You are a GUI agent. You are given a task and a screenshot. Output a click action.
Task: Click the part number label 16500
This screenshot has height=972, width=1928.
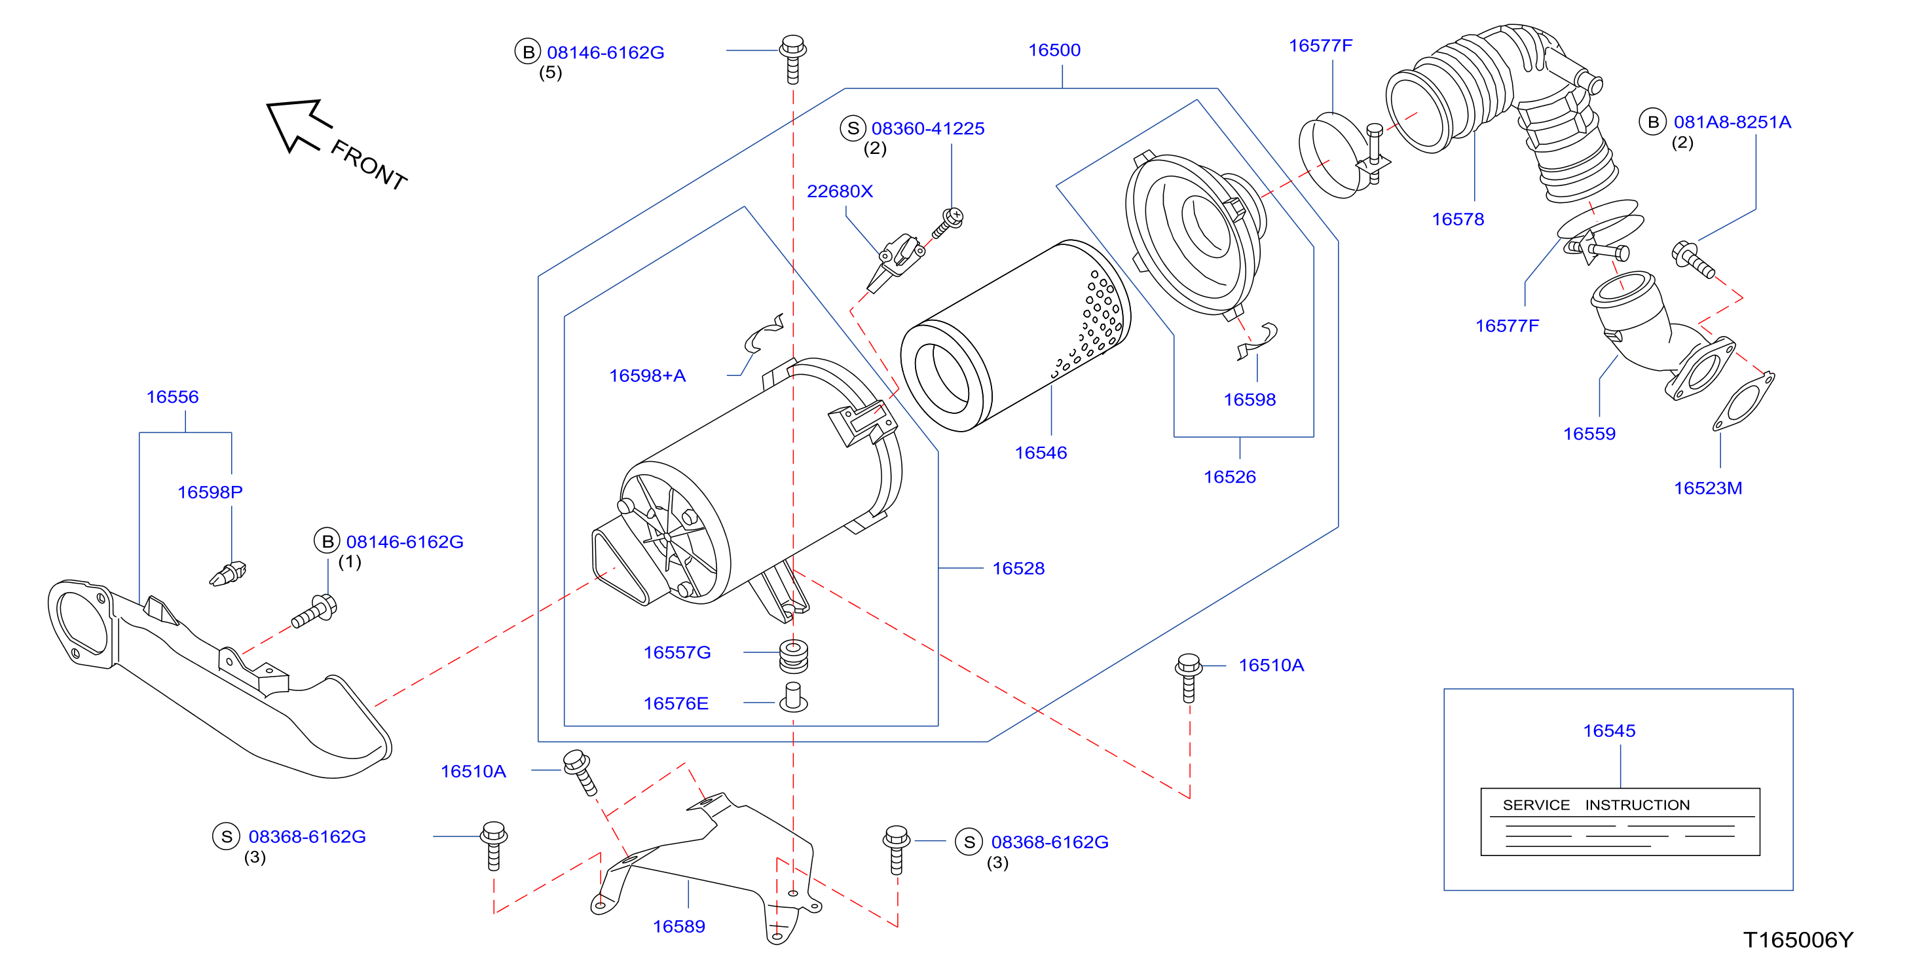click(1054, 50)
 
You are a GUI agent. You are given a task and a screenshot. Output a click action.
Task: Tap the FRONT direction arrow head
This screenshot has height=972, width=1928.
click(295, 124)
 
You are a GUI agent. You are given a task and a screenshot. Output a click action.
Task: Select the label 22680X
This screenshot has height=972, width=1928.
click(839, 191)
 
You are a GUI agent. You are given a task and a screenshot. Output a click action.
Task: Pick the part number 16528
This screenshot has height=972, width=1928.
click(1018, 569)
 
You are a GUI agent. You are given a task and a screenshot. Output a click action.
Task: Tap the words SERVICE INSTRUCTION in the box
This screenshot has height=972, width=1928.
click(1596, 805)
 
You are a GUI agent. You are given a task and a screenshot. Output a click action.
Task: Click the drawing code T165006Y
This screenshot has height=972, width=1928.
click(1798, 940)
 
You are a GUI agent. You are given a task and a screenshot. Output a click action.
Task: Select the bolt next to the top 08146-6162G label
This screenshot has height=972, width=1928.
click(792, 58)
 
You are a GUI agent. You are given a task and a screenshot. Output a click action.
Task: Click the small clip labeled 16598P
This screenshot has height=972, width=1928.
click(227, 574)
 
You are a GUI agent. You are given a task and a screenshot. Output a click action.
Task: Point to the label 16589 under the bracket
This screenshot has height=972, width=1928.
click(679, 926)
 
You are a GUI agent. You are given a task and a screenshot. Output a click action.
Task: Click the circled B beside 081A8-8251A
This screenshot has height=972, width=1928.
click(1652, 122)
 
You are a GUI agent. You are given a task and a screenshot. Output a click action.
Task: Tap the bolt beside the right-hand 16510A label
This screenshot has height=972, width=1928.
click(1189, 678)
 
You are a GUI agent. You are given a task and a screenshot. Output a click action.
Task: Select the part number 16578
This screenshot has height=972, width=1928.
click(1457, 219)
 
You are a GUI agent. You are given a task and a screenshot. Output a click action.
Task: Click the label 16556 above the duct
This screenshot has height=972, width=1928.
click(172, 397)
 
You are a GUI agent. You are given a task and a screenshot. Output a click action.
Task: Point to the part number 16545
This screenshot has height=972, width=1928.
click(1609, 731)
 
